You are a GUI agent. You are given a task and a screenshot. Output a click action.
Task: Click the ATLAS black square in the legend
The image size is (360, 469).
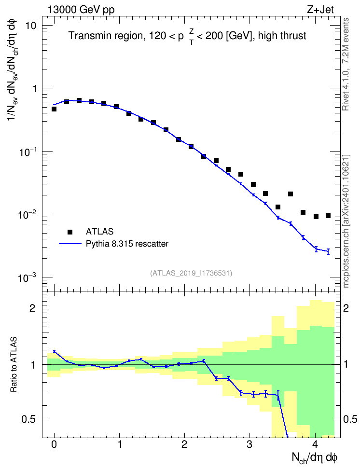[x=70, y=232]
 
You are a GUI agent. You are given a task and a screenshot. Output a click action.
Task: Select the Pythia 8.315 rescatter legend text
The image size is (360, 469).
[x=127, y=244]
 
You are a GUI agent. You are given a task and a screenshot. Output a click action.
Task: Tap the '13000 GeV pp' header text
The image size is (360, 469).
[x=81, y=10]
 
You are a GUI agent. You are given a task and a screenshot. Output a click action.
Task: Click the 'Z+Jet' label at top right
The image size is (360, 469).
[x=320, y=10]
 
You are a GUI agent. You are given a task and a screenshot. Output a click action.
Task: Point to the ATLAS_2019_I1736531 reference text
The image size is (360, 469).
[x=191, y=273]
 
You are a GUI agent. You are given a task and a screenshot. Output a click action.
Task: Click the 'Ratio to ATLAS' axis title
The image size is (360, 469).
[x=14, y=365]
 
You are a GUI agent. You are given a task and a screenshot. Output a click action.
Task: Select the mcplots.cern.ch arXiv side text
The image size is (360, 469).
[x=346, y=221]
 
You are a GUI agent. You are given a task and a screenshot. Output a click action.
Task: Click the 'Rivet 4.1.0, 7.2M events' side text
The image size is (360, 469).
[x=346, y=64]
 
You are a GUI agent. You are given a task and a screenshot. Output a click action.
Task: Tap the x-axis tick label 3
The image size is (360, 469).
[x=249, y=444]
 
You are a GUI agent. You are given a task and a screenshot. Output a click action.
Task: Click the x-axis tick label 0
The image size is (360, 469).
[x=54, y=444]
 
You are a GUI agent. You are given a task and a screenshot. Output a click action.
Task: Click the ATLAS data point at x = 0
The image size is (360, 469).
[x=54, y=109]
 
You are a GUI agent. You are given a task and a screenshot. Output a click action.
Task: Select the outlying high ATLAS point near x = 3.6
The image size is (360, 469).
[x=291, y=194]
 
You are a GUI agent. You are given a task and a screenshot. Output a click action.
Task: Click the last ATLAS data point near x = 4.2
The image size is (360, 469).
[x=328, y=216]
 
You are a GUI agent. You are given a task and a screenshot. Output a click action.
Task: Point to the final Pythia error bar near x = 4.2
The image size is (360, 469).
[x=328, y=251]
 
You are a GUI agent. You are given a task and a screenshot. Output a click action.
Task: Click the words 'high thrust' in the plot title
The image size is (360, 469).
[x=282, y=36]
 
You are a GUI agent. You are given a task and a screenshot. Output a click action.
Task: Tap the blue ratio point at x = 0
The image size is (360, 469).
[x=54, y=351]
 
